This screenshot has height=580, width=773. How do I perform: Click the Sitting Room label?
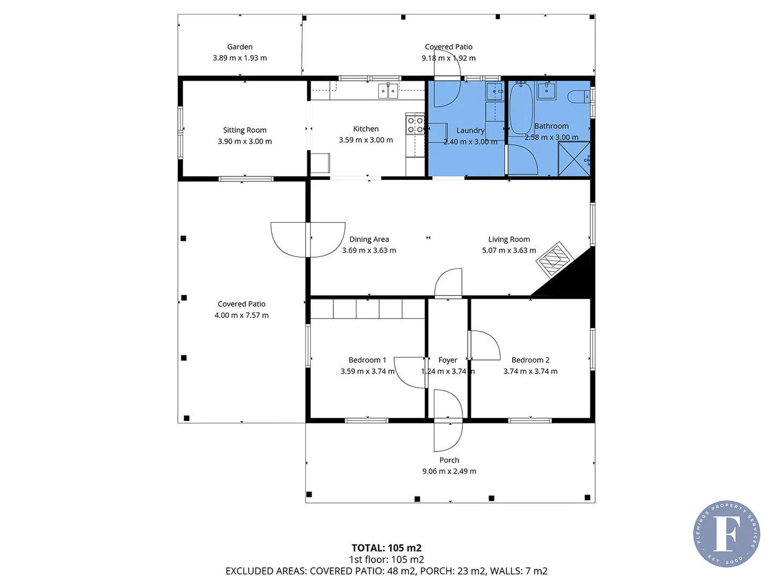(x=245, y=130)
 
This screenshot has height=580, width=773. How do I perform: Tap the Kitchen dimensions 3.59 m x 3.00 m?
(x=366, y=140)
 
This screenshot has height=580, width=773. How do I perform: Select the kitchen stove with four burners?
(x=415, y=125)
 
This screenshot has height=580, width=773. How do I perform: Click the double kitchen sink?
(x=388, y=91)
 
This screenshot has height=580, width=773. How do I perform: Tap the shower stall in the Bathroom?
(x=574, y=160)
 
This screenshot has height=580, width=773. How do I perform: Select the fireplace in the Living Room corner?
(x=555, y=259)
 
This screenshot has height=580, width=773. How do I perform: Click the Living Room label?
(x=509, y=239)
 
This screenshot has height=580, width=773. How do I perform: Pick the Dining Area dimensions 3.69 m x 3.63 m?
(x=369, y=251)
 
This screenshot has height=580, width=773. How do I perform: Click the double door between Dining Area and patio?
(x=308, y=240)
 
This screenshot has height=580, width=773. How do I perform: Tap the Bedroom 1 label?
(x=367, y=360)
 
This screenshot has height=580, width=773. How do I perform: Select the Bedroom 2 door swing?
(x=484, y=345)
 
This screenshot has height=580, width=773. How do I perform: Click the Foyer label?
(x=448, y=360)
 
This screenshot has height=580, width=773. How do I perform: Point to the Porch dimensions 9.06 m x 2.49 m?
(x=449, y=472)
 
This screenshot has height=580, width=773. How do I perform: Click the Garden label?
(x=239, y=47)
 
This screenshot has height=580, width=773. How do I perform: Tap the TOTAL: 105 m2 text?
(x=386, y=548)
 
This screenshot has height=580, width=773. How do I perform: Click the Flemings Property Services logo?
(x=726, y=534)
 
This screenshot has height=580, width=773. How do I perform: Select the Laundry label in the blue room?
(x=470, y=130)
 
